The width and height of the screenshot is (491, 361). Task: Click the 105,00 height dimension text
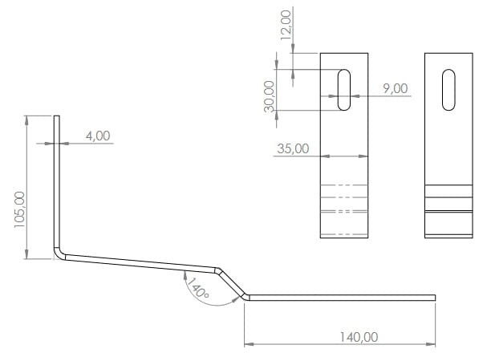click(x=20, y=209)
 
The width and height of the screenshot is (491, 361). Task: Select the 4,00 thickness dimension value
click(x=98, y=136)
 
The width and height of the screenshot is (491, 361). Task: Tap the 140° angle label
click(x=197, y=288)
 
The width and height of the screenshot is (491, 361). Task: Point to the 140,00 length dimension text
click(x=359, y=337)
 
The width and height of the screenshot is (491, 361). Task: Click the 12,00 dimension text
click(x=286, y=25)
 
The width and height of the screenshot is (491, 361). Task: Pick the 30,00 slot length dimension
click(x=269, y=96)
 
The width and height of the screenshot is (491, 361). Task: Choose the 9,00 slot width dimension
click(x=396, y=88)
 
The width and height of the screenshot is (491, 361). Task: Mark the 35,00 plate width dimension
click(x=293, y=148)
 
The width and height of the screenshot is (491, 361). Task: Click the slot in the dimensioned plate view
click(x=344, y=90)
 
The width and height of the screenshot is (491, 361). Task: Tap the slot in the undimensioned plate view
click(x=448, y=90)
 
